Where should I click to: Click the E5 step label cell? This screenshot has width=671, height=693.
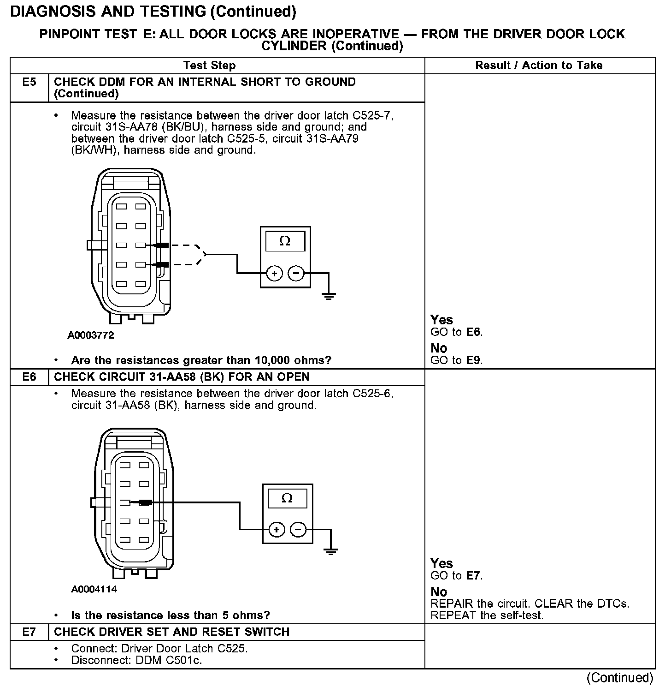click(x=29, y=83)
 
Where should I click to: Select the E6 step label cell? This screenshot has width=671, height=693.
click(x=29, y=377)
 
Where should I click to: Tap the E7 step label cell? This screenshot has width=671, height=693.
click(x=29, y=632)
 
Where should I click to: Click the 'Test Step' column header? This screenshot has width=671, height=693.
click(x=209, y=66)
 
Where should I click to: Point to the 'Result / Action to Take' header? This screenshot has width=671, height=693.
click(x=539, y=66)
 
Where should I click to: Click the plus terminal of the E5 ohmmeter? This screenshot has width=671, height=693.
click(x=275, y=274)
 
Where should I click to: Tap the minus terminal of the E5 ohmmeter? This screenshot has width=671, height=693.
click(x=295, y=274)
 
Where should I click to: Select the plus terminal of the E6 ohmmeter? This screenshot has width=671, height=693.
click(x=277, y=530)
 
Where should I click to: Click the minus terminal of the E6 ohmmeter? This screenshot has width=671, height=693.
click(x=298, y=530)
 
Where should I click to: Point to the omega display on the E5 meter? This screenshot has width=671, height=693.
click(x=285, y=241)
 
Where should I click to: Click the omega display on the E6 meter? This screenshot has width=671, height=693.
click(x=287, y=498)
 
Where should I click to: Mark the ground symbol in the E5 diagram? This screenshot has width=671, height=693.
click(x=329, y=296)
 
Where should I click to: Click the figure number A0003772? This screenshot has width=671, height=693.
click(x=91, y=335)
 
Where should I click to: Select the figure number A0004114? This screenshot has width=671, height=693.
click(x=94, y=589)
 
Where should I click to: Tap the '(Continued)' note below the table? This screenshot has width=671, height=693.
click(x=620, y=677)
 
